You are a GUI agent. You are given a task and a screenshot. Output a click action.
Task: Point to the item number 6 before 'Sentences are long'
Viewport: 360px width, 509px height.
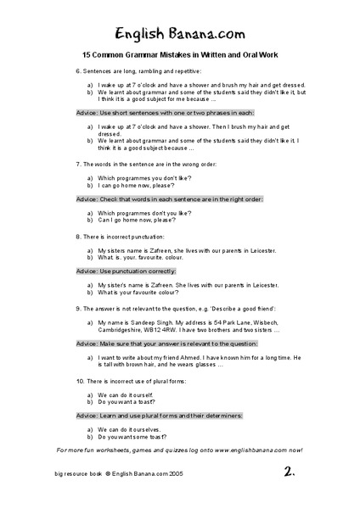coord(77,73)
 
